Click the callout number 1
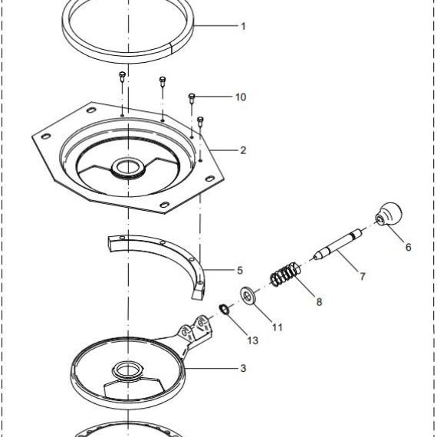click(x=243, y=27)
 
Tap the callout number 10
click(x=241, y=97)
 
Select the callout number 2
click(x=243, y=150)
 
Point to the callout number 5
click(x=240, y=271)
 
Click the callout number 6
click(x=409, y=247)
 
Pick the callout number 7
click(x=363, y=276)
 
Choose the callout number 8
click(x=319, y=301)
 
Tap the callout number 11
click(x=278, y=327)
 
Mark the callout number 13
click(x=253, y=340)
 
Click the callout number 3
click(x=243, y=368)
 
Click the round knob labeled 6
click(x=389, y=213)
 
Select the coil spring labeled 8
click(x=286, y=274)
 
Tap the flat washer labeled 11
click(x=248, y=296)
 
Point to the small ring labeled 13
click(x=224, y=309)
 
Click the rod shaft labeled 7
click(x=338, y=244)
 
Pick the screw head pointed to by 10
click(x=192, y=97)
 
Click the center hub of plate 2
click(x=127, y=167)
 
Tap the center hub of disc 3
click(x=127, y=370)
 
